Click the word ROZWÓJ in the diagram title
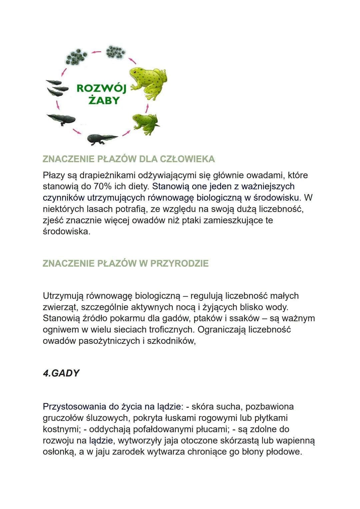pyautogui.click(x=101, y=88)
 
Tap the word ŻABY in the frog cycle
pyautogui.click(x=104, y=100)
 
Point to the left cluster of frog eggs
pyautogui.click(x=76, y=57)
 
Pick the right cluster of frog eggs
pyautogui.click(x=115, y=52)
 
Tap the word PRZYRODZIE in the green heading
pyautogui.click(x=179, y=263)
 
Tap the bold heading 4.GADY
pyautogui.click(x=61, y=373)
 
